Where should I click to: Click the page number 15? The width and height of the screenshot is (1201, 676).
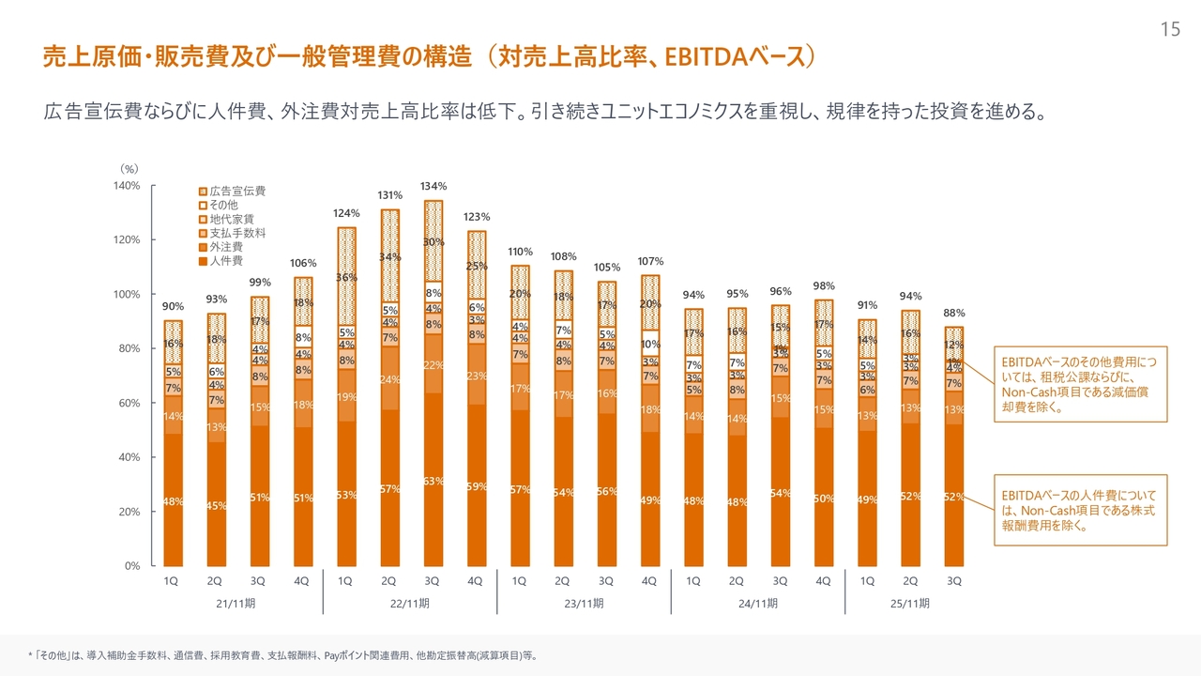click(1169, 30)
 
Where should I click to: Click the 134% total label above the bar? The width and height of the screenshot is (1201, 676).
click(433, 186)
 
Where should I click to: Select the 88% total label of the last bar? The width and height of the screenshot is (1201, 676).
click(954, 313)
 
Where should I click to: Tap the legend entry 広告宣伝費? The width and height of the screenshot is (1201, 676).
click(237, 191)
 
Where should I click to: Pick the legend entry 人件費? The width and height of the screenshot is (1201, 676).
click(226, 260)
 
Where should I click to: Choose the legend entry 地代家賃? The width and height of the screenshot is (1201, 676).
click(232, 219)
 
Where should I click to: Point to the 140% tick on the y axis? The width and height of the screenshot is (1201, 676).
click(127, 185)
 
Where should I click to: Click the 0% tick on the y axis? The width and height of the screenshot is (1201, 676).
click(132, 566)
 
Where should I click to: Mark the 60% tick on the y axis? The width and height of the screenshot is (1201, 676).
click(129, 403)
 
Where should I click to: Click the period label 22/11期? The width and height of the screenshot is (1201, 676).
click(409, 604)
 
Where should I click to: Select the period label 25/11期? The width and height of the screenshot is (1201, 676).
click(909, 604)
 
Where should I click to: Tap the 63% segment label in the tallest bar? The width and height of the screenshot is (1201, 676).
click(433, 482)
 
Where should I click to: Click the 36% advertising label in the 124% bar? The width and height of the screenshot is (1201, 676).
click(347, 278)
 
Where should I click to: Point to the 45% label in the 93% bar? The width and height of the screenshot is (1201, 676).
click(216, 506)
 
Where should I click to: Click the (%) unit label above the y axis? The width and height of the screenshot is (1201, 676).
click(129, 168)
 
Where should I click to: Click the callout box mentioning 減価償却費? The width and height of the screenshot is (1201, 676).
click(1079, 383)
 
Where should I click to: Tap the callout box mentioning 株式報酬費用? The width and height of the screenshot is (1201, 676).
click(1079, 510)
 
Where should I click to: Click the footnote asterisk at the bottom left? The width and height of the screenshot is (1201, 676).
click(29, 654)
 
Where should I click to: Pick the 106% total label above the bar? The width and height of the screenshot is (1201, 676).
click(303, 263)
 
